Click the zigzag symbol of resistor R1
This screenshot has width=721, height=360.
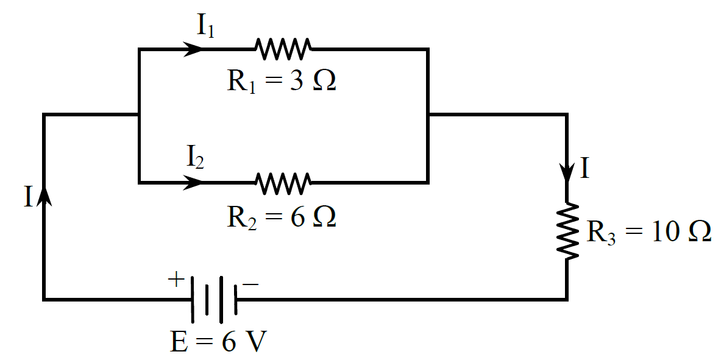[283, 49]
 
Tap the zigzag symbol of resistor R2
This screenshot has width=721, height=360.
[283, 182]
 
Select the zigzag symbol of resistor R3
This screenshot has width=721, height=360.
[567, 231]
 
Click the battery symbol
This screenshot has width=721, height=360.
[213, 299]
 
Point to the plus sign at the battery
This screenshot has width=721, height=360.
[176, 280]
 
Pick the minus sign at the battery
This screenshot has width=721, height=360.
[250, 284]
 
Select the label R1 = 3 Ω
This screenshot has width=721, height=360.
[282, 82]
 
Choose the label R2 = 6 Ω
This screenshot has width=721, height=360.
[282, 217]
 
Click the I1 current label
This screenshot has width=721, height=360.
[205, 26]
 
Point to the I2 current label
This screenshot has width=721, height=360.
[195, 158]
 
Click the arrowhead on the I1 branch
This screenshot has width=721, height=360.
[193, 49]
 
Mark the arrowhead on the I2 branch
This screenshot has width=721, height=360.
[193, 182]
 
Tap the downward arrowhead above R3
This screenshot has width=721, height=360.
[567, 171]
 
